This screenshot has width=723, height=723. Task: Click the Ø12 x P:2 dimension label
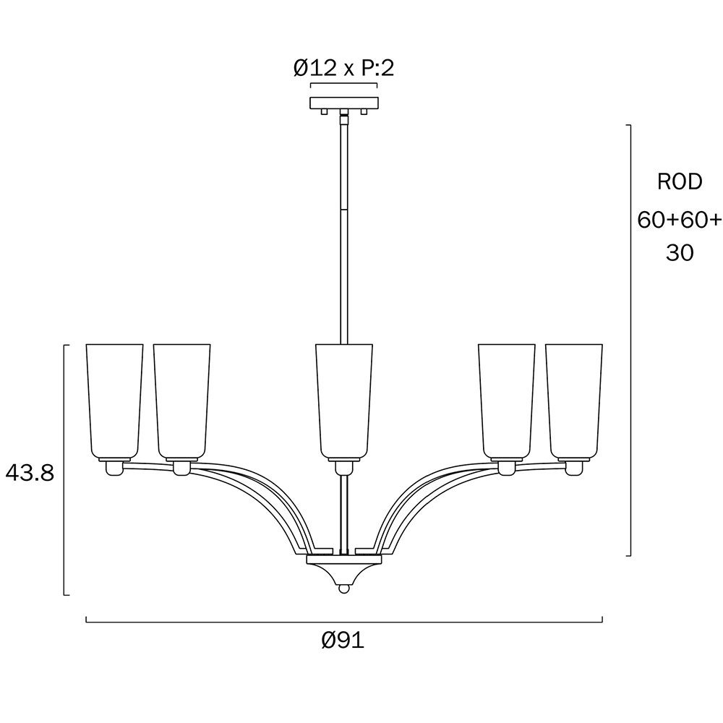[344, 68]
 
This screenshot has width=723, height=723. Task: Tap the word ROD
[680, 181]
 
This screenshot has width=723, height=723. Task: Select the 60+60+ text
[679, 220]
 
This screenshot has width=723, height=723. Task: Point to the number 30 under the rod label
[680, 252]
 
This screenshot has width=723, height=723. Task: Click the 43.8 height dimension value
[30, 473]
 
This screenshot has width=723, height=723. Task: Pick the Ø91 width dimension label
[343, 641]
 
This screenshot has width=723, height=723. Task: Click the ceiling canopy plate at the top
[344, 103]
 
